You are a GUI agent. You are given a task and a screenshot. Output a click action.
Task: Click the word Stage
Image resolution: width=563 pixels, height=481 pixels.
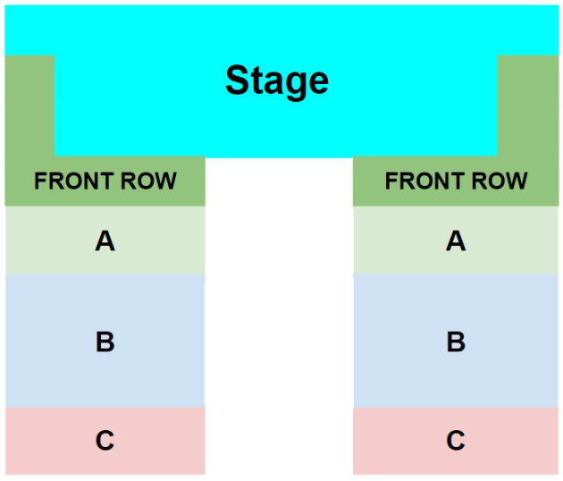[277, 82]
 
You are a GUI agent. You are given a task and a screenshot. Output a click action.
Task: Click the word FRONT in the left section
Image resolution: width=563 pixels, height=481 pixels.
[75, 181]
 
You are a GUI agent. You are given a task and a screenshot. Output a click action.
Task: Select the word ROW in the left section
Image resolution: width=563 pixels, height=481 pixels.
[148, 181]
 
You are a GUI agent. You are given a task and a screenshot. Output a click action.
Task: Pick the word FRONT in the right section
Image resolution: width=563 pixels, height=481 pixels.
[425, 181]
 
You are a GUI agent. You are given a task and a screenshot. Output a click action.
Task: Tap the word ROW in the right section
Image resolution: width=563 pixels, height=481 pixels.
[500, 181]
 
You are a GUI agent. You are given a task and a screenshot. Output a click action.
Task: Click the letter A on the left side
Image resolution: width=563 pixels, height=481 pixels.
[105, 240]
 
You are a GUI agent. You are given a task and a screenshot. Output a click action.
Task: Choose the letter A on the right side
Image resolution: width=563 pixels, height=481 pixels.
[456, 240]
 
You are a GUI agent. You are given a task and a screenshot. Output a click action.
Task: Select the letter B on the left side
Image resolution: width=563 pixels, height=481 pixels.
[105, 342]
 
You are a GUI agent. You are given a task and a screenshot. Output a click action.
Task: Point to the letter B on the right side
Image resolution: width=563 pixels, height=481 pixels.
[456, 342]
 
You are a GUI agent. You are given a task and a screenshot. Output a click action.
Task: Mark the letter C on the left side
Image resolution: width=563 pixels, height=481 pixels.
[105, 440]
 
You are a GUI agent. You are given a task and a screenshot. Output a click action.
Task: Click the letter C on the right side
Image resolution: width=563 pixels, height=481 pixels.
[456, 440]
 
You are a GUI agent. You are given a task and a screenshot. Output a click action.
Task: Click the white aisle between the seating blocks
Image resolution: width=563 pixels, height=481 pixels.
[279, 316]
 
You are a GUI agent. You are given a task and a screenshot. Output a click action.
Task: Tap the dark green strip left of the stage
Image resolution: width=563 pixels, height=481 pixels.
[29, 105]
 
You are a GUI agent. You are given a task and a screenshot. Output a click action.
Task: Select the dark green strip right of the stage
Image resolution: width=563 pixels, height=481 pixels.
[528, 105]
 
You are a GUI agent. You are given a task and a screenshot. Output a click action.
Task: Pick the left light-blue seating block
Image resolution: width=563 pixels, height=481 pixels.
[105, 341]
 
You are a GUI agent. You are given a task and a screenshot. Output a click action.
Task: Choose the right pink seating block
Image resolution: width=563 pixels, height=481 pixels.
[456, 441]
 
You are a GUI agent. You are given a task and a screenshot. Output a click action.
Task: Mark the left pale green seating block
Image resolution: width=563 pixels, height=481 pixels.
[105, 240]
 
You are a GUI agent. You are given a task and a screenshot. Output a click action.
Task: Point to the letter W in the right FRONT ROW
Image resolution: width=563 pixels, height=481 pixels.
[516, 181]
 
